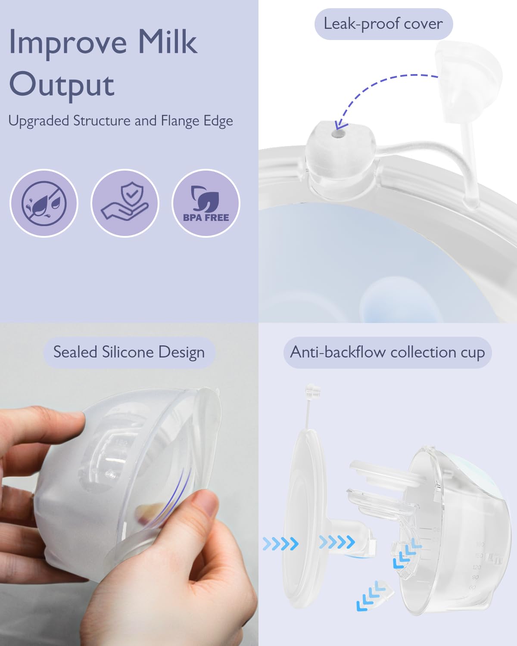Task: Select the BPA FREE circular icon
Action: click(206, 203)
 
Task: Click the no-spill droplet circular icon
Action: click(44, 203)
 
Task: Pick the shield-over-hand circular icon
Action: click(125, 203)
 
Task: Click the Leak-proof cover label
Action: click(383, 24)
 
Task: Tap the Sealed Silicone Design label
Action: click(129, 352)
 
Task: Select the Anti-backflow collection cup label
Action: click(387, 352)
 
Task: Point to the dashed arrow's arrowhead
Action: click(341, 125)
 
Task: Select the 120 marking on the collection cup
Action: click(477, 567)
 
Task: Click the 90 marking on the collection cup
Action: click(475, 578)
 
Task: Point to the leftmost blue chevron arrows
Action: click(280, 544)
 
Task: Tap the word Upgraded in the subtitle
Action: click(39, 121)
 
